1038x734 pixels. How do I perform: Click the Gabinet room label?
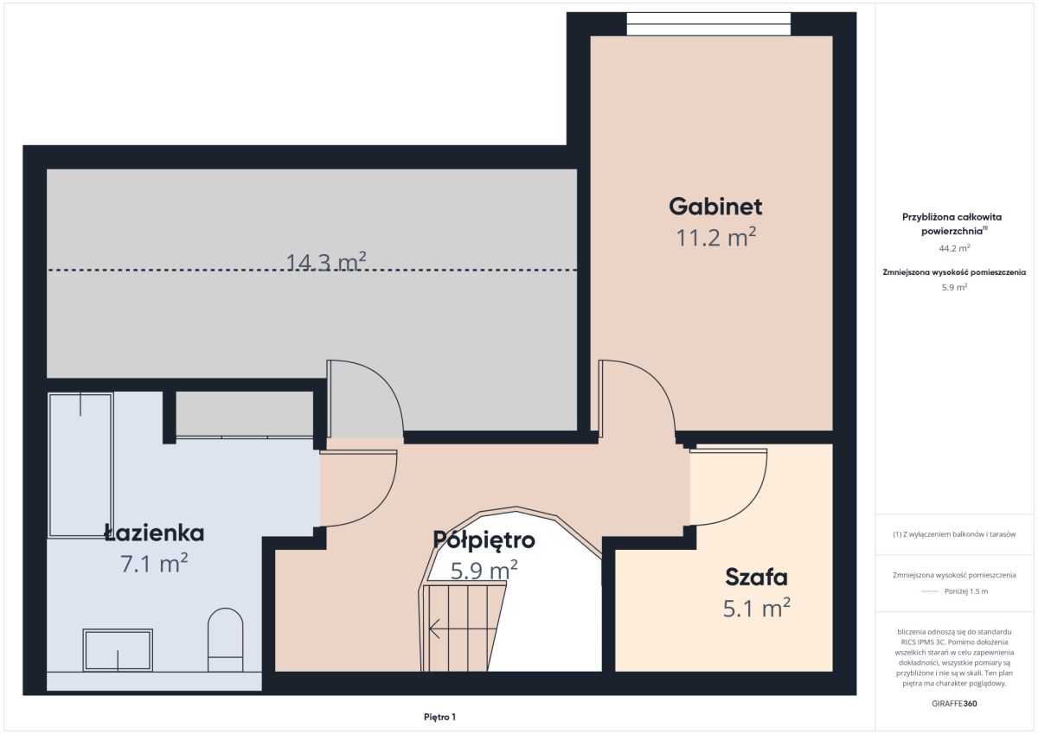pos(715,207)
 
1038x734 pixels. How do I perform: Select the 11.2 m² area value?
pos(716,237)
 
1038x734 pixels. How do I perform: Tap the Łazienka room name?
pos(154,533)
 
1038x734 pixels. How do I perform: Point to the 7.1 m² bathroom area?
pos(154,563)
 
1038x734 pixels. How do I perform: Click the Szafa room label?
pos(756,578)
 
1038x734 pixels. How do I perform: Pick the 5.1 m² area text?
pos(756,608)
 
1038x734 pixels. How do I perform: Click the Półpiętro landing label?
pos(484,540)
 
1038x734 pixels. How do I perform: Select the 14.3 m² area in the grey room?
pos(326,262)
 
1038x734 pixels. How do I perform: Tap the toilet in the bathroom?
pos(225,640)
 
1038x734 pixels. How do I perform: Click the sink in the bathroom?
pos(118,650)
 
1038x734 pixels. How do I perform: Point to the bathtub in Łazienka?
pos(80,465)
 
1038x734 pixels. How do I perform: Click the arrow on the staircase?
pos(463,629)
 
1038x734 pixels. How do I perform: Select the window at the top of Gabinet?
pos(708,23)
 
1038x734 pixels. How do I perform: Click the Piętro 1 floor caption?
pos(439,717)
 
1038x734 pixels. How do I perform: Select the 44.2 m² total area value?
pos(955,248)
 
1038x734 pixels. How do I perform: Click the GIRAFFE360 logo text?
pos(955,704)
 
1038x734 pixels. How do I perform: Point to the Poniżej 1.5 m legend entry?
pos(966,591)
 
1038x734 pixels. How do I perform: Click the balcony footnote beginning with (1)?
pos(955,534)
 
